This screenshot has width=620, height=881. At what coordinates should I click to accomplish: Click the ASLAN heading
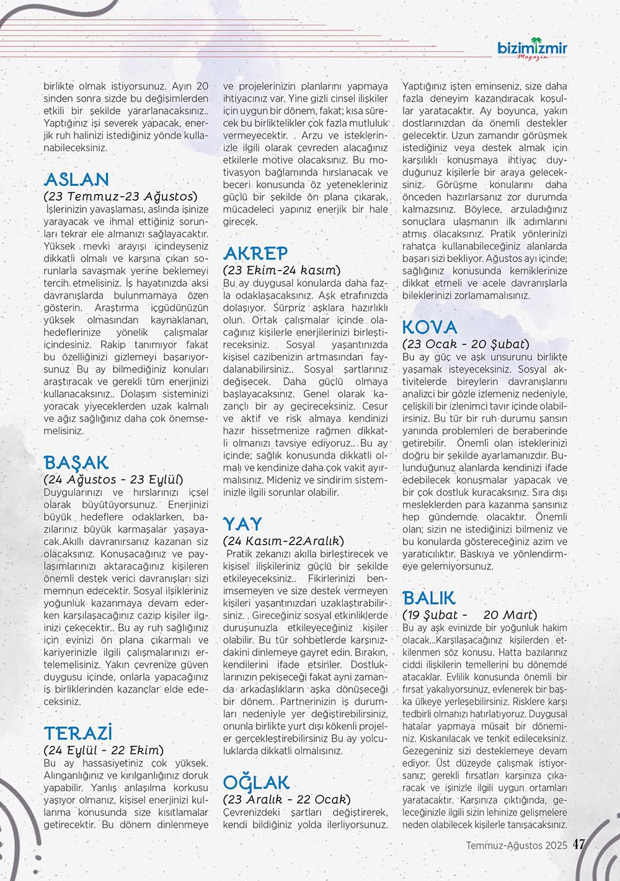[x=76, y=180]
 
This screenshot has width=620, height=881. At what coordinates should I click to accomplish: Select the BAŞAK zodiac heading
[x=76, y=463]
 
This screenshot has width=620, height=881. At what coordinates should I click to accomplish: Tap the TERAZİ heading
[x=78, y=734]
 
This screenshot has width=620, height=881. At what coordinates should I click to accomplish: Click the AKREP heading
[x=255, y=253]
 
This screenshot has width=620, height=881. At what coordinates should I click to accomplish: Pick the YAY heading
[x=242, y=524]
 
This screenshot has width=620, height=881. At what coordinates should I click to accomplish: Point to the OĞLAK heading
[x=256, y=782]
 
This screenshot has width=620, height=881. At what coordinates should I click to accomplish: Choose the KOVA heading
[x=430, y=327]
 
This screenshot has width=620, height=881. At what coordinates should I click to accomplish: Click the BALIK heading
[x=429, y=598]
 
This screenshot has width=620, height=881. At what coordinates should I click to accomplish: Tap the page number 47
[x=579, y=845]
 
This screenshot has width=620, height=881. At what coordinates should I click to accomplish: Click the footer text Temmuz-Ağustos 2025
[x=517, y=846]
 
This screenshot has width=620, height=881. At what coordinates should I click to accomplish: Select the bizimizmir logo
[x=532, y=48]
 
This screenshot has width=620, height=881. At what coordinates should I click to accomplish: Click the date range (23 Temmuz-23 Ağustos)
[x=120, y=196]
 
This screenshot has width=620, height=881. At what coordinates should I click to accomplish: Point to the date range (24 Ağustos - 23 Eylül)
[x=113, y=480]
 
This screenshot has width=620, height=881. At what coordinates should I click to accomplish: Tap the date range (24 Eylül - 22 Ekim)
[x=104, y=750]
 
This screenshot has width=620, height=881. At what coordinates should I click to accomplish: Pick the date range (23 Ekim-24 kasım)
[x=281, y=270]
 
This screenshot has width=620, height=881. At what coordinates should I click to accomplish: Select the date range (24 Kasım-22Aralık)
[x=283, y=541]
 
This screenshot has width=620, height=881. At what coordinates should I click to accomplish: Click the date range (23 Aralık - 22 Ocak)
[x=286, y=799]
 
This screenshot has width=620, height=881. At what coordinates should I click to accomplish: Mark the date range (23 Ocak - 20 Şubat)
[x=466, y=344]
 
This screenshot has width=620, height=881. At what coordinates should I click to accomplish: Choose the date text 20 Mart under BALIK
[x=508, y=615]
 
